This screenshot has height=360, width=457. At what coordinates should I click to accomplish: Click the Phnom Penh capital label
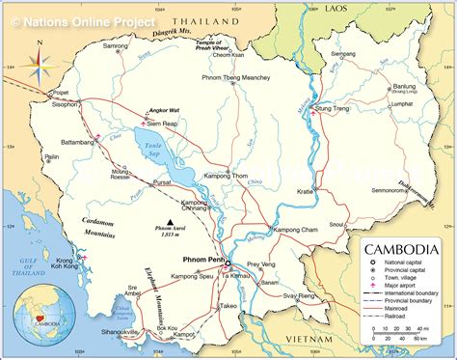204,260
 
